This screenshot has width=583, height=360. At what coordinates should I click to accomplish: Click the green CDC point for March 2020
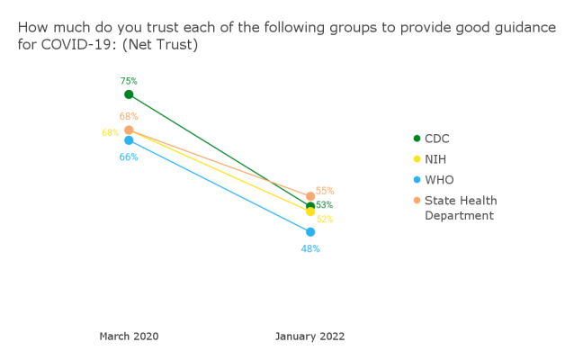(x=129, y=94)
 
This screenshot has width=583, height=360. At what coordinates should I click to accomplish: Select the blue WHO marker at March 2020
(x=129, y=140)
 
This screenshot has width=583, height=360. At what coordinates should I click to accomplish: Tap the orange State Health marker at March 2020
(x=129, y=130)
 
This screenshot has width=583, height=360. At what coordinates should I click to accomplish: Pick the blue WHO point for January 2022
(x=310, y=232)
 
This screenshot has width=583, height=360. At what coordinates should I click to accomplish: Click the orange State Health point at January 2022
(x=310, y=196)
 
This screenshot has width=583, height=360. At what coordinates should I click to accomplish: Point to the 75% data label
(x=129, y=81)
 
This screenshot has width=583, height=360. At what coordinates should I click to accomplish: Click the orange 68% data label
(x=129, y=116)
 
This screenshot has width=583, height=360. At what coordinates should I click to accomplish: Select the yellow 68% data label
(x=110, y=133)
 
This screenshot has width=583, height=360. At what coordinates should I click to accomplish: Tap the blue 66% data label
(x=129, y=157)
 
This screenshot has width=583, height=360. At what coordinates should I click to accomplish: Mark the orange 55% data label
(x=325, y=191)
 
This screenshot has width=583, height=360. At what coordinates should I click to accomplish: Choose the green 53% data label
(x=324, y=205)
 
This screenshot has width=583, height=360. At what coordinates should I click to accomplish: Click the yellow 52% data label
(x=325, y=219)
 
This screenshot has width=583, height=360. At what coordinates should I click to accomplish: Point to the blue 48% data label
(x=310, y=248)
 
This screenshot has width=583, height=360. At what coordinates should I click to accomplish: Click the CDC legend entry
(x=436, y=139)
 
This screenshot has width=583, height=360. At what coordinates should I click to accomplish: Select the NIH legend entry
(x=435, y=159)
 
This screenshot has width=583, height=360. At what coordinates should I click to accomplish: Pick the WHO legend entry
(x=438, y=180)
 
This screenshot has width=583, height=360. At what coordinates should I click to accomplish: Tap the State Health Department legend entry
(x=460, y=208)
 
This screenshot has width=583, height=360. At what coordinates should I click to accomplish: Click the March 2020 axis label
(x=129, y=337)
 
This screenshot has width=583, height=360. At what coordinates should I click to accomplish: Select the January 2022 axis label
(x=309, y=337)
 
